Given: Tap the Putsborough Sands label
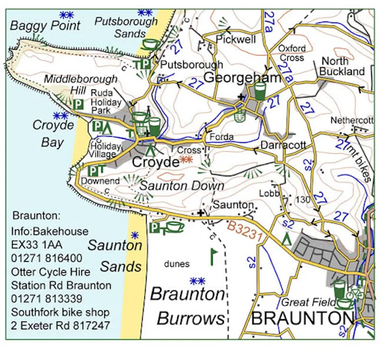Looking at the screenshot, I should click(x=126, y=27).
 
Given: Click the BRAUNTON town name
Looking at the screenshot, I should click(x=302, y=319).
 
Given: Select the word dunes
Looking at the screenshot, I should click(x=177, y=263).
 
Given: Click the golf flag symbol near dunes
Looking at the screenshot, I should click(x=213, y=256).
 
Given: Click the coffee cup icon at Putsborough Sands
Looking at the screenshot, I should click(x=151, y=45).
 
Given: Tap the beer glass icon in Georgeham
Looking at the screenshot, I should click(x=260, y=91).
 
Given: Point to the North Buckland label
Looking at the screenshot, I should click(x=341, y=67).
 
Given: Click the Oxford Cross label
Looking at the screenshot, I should click(x=291, y=53).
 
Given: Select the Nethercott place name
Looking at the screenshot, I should click(x=351, y=120).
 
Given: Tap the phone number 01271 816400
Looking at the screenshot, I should click(x=47, y=258).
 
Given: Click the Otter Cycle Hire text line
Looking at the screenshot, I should click(x=51, y=272).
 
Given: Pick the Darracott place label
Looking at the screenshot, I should click(x=283, y=145).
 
